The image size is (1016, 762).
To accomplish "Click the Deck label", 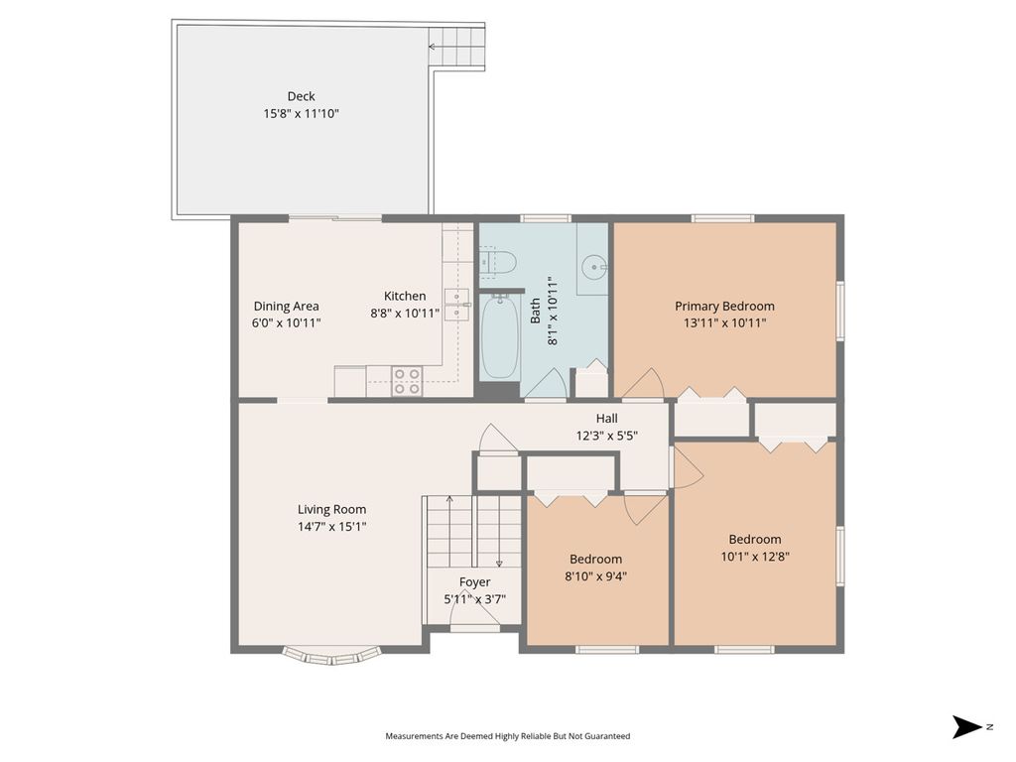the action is [302, 96].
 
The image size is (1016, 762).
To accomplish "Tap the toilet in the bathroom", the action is [498, 262].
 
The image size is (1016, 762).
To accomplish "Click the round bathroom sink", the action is [593, 266].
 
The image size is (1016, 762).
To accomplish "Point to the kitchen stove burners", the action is [407, 381].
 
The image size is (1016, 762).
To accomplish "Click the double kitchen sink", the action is [457, 306].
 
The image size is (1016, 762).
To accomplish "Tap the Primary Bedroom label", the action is [724, 306].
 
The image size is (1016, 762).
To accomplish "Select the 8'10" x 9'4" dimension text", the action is [595, 575].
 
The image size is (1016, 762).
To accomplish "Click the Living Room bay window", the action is [331, 656].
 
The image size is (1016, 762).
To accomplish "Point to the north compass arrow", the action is [967, 727].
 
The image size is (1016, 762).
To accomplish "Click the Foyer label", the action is [475, 581].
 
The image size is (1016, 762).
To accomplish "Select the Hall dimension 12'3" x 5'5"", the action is [607, 436].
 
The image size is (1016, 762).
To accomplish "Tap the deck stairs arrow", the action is [456, 47].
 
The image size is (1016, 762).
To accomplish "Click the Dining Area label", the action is [286, 306].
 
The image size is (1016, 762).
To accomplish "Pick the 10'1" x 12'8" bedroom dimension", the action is [755, 556].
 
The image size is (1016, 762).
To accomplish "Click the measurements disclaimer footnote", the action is [507, 736].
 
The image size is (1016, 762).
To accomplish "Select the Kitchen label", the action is [405, 296].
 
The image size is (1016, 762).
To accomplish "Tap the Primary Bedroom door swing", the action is [644, 384].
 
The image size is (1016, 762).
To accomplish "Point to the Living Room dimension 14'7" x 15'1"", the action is [331, 526].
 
